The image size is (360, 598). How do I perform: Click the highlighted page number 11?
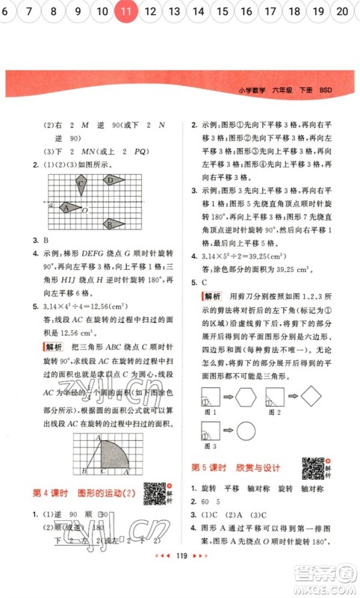pyautogui.click(x=127, y=11)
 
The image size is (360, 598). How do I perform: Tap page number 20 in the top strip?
pyautogui.click(x=343, y=11)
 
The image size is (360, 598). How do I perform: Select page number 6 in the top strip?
pyautogui.click(x=7, y=11)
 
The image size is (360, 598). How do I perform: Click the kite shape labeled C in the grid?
pyautogui.click(x=80, y=185)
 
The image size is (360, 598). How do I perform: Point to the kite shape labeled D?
pyautogui.click(x=114, y=180)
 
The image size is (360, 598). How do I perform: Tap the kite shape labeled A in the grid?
pyautogui.click(x=69, y=208)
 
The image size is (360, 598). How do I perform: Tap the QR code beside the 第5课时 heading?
pyautogui.click(x=314, y=468)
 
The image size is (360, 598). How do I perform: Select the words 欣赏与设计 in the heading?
pyautogui.click(x=261, y=468)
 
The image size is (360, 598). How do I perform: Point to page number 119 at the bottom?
pyautogui.click(x=179, y=578)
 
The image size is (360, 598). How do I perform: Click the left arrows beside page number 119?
pyautogui.click(x=159, y=578)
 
